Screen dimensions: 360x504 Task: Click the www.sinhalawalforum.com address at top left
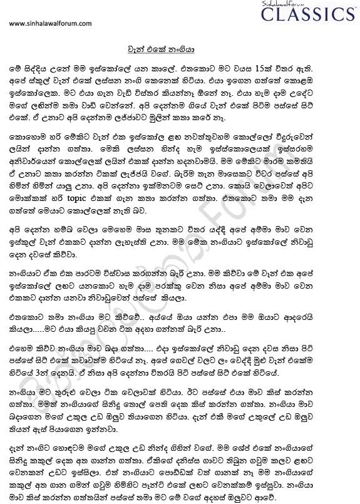(x=51, y=24)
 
